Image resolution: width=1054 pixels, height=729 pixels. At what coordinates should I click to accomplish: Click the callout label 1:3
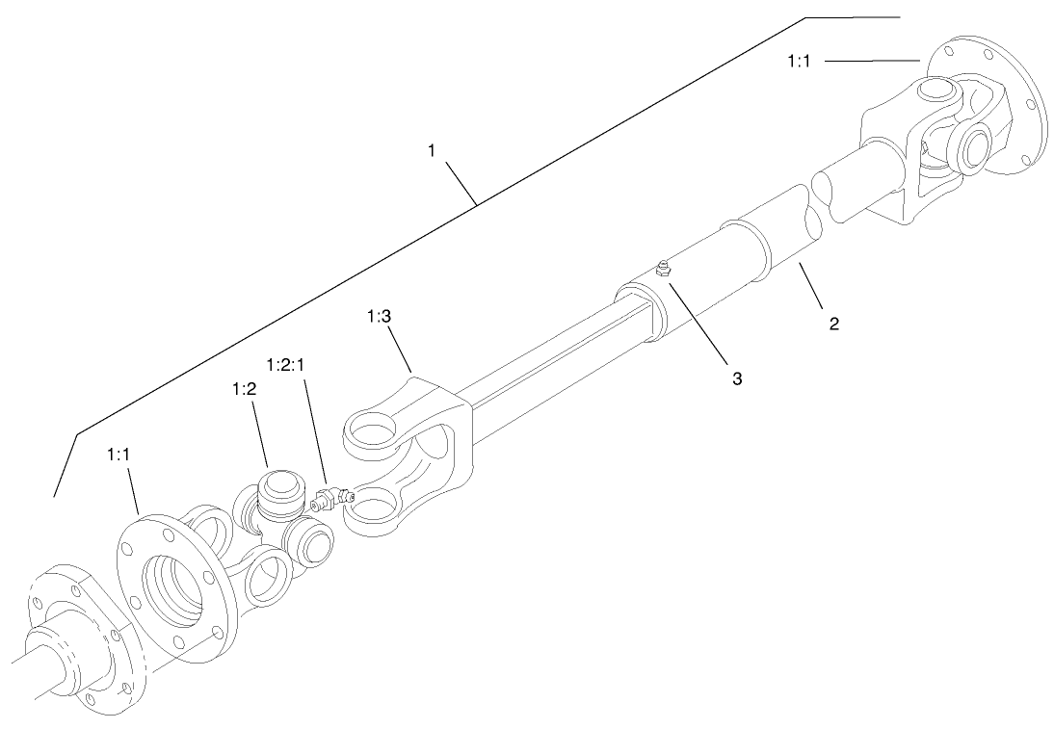point(381,316)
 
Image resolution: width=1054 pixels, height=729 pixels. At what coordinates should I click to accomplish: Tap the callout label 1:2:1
point(286,366)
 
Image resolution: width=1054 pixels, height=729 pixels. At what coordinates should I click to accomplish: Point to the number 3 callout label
point(736,378)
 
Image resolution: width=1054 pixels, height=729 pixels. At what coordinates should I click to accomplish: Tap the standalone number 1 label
point(434,150)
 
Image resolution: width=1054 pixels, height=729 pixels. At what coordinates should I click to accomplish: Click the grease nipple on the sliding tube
point(662,269)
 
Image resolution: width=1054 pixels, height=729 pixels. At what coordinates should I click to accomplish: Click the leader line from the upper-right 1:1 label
point(872,61)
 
